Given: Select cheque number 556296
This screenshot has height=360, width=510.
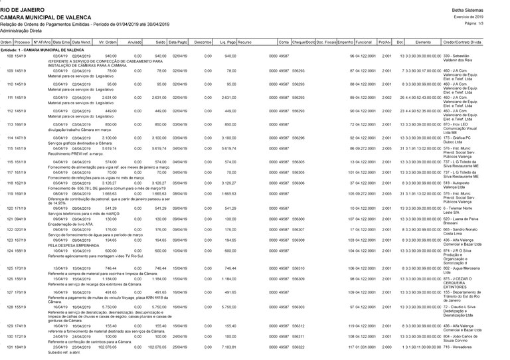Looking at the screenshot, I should pyautogui.click(x=298, y=137).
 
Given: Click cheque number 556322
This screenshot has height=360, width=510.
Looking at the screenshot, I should pyautogui.click(x=298, y=346).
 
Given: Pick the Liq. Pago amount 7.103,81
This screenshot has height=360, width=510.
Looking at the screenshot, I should pyautogui.click(x=226, y=346).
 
